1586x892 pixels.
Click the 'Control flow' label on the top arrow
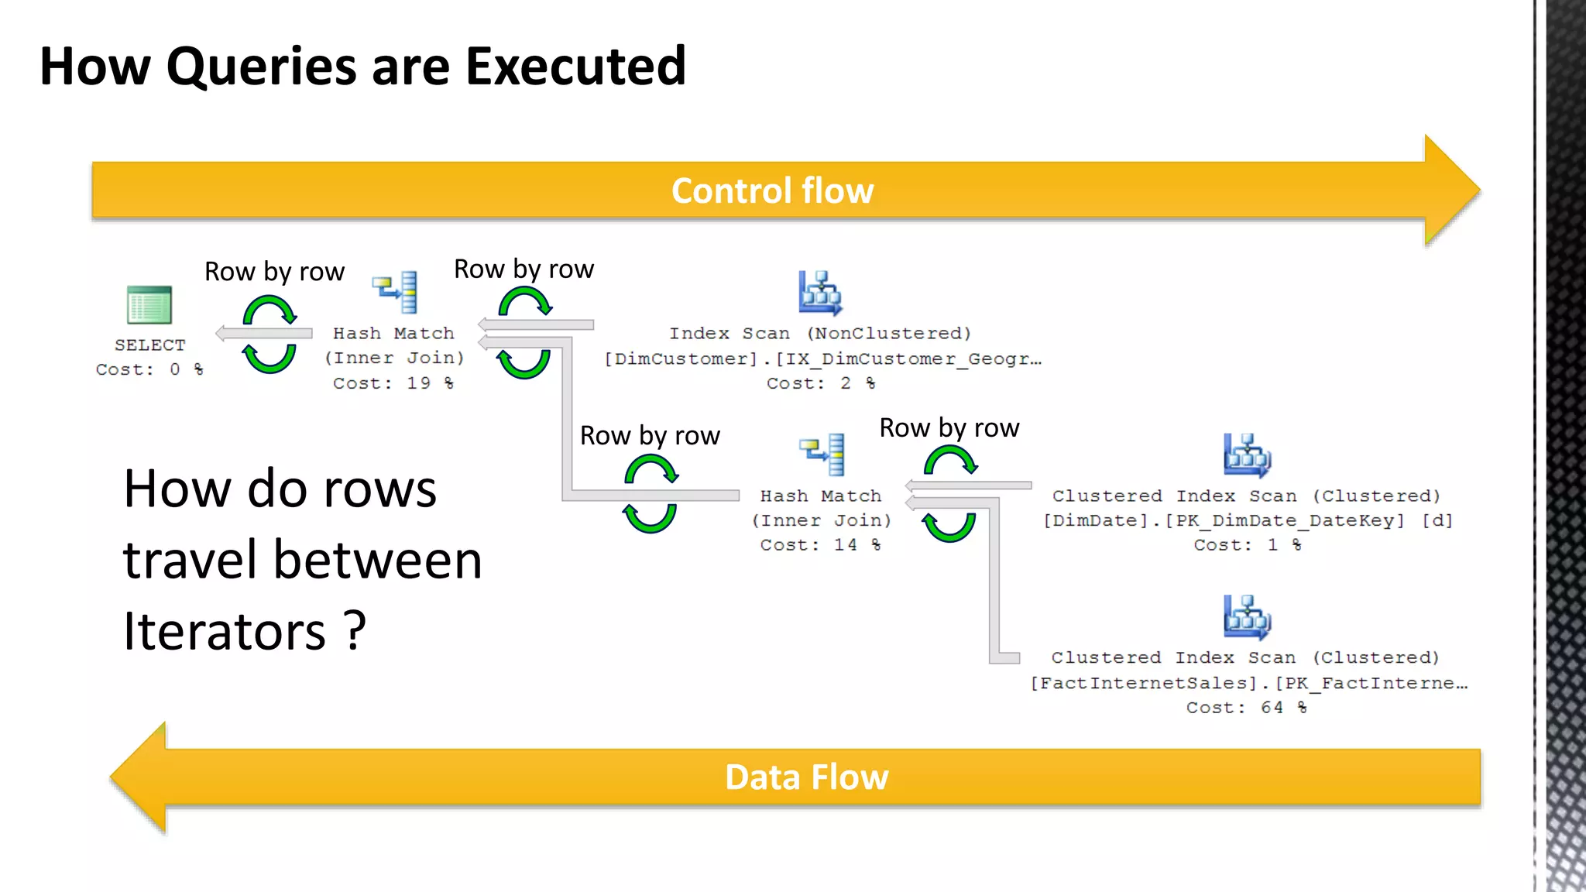click(x=772, y=191)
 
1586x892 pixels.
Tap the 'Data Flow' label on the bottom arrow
click(x=806, y=777)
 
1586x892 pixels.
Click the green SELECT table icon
click(x=149, y=305)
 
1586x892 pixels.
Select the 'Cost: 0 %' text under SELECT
click(x=149, y=370)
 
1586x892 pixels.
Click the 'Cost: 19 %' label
click(x=393, y=383)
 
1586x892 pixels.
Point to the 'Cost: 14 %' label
click(x=820, y=545)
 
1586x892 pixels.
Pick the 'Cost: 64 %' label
click(x=1246, y=708)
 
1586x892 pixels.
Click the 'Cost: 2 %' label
click(x=821, y=383)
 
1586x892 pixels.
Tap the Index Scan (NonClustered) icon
click(x=820, y=293)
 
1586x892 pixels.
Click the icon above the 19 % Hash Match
click(x=395, y=292)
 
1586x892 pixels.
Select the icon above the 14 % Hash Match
click(x=822, y=454)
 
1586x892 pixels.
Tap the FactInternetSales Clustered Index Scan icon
click(x=1247, y=616)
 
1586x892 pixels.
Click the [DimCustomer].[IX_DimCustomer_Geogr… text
click(x=822, y=359)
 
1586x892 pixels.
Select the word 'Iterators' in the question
click(x=225, y=632)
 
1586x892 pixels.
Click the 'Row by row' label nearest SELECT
click(x=274, y=272)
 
